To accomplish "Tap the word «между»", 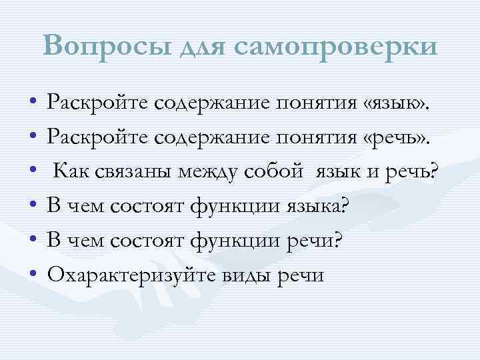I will point(214,174).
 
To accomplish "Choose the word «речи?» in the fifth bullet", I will point(315,243).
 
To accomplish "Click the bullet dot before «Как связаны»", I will point(33,173).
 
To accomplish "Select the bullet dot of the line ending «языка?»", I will point(33,208).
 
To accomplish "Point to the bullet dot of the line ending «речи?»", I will point(33,243).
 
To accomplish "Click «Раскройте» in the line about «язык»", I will point(95,105).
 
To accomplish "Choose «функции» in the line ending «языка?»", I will point(231,208).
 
